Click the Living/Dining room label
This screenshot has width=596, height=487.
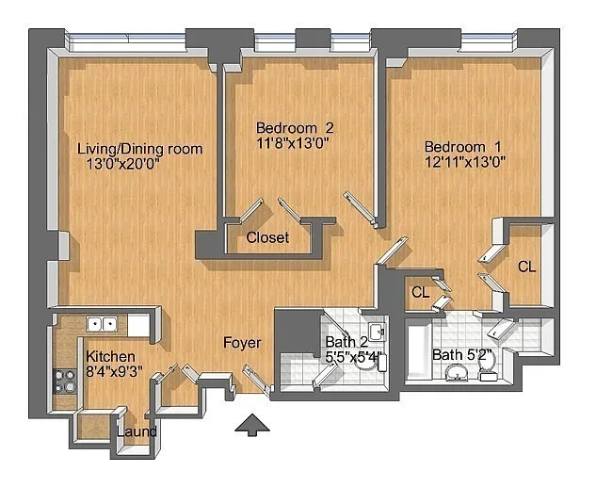140,149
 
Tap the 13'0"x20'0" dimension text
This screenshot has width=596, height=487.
122,165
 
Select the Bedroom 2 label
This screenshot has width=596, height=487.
295,128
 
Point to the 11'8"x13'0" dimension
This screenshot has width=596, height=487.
293,144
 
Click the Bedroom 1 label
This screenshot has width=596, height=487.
462,147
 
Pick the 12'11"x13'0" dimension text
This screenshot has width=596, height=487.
465,163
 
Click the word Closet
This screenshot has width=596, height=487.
267,237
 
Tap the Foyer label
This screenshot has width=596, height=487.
242,343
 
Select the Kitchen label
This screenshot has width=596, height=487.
110,357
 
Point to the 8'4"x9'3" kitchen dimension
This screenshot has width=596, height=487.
115,371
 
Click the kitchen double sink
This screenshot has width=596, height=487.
102,324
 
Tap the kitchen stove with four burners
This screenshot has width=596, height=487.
64,381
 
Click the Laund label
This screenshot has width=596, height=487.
137,431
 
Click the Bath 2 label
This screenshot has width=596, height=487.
346,342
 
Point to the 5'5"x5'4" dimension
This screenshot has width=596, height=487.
356,358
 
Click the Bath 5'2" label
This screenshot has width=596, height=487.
462,355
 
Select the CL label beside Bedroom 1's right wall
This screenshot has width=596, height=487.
527,267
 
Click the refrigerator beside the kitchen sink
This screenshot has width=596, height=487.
138,325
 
